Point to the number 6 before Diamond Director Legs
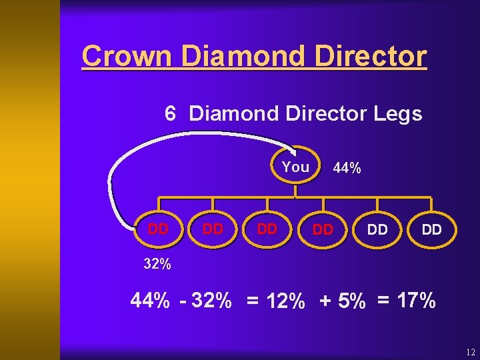click(171, 114)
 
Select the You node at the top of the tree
click(295, 167)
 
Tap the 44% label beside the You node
click(347, 169)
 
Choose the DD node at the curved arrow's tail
click(158, 229)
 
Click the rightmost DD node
click(431, 229)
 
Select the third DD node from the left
click(267, 229)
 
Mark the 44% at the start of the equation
click(150, 301)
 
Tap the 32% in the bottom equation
click(211, 301)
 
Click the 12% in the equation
click(285, 302)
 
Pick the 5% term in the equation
click(351, 302)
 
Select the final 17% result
click(416, 301)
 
